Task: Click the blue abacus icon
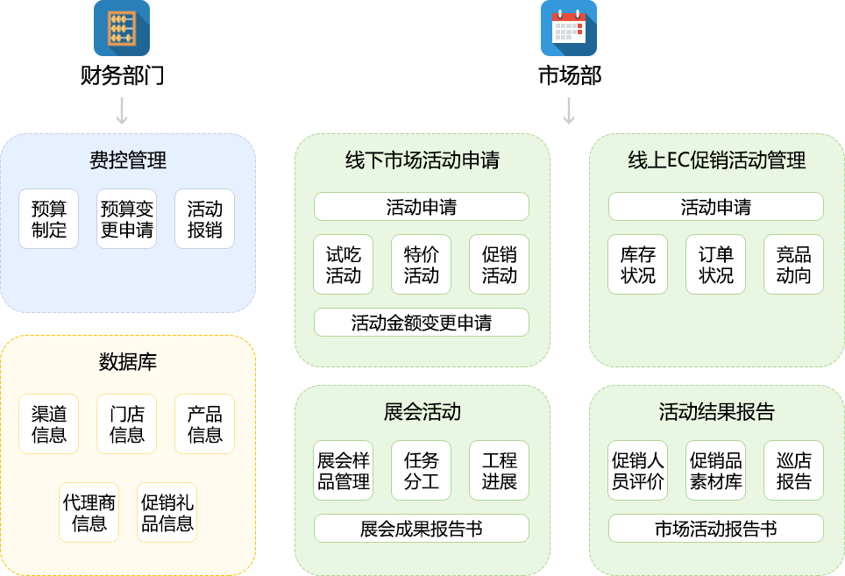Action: tap(122, 28)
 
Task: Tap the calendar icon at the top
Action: tap(568, 28)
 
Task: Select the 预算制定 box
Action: tap(49, 219)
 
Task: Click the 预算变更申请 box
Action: tap(127, 219)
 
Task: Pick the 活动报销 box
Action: tap(205, 219)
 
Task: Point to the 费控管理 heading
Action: tap(128, 160)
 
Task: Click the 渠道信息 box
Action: tap(49, 424)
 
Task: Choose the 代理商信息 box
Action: tap(89, 513)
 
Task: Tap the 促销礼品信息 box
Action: tap(167, 513)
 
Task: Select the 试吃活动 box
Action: tap(344, 265)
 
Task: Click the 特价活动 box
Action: tap(422, 265)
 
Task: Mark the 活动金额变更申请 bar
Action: tap(422, 323)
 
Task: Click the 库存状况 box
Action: tap(638, 265)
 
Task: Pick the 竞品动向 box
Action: tap(794, 265)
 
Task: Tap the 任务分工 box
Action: tap(422, 471)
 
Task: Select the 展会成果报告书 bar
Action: tap(422, 529)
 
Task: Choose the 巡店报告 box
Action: tap(794, 471)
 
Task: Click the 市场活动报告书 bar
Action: tap(716, 529)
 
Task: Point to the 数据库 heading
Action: tap(128, 362)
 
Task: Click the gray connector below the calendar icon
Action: tap(569, 111)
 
